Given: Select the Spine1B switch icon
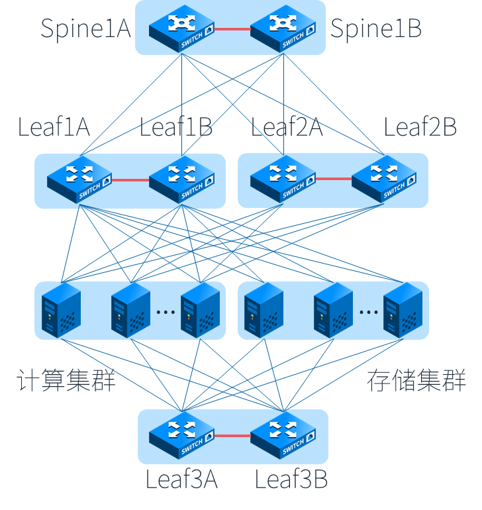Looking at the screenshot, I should [283, 28].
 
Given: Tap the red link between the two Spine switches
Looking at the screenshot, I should [232, 28].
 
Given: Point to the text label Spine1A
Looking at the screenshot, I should [85, 28].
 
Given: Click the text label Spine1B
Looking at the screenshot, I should [375, 28].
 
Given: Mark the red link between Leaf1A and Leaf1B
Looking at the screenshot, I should [130, 179].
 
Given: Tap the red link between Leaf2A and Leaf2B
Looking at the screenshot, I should [334, 179].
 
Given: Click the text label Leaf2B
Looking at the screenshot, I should [420, 127].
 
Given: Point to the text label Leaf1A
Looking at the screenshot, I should [54, 127].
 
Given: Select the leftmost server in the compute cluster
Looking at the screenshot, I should [61, 310].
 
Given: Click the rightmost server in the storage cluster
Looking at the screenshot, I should [403, 310].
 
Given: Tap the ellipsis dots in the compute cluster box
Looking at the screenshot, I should [166, 312].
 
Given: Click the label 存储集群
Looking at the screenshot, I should [416, 382].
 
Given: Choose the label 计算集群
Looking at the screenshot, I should [66, 382].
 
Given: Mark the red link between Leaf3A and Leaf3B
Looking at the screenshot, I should [232, 436].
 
